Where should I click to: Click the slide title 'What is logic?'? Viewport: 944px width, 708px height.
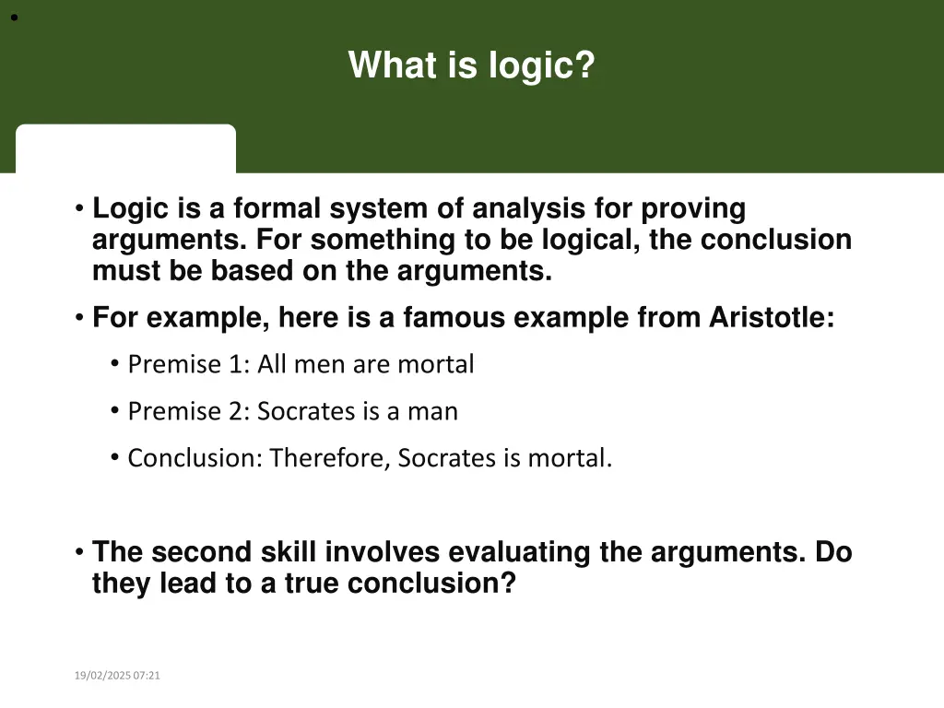click(x=471, y=65)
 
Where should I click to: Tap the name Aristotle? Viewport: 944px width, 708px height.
click(x=771, y=317)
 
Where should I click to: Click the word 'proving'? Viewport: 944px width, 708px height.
click(x=693, y=209)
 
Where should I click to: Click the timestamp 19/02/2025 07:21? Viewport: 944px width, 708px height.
click(x=117, y=676)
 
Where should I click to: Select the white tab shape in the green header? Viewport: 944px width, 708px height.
click(x=125, y=148)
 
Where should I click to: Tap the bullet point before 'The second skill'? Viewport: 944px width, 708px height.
click(x=80, y=552)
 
